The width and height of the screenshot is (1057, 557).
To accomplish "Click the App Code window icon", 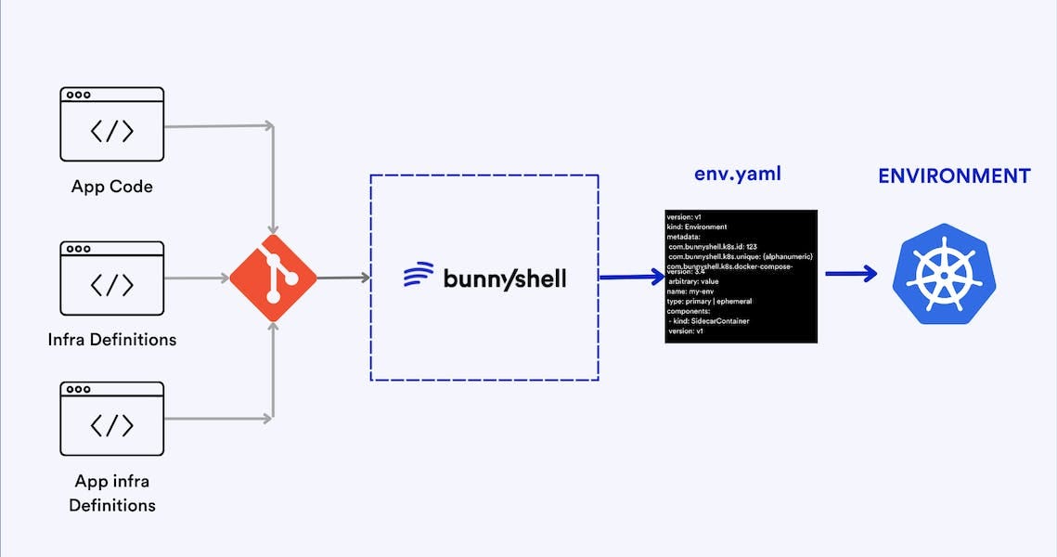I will pos(111,124).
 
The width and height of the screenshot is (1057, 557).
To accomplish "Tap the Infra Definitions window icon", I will pos(111,278).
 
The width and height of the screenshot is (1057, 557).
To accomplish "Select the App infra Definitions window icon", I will pos(111,418).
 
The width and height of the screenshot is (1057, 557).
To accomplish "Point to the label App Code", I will pos(111,187).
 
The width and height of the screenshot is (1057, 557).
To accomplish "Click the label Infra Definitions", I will pos(111,340).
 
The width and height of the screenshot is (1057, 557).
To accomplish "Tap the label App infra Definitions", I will pos(111,493).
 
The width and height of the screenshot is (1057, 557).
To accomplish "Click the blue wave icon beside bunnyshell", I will pos(419,276).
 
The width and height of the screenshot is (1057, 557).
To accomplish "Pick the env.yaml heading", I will pos(737,175).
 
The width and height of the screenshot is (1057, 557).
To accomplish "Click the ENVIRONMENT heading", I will pos(954,175).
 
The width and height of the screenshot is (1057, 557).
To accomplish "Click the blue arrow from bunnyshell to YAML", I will pos(631,277).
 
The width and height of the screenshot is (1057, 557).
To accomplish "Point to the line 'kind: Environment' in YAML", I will pos(697,227).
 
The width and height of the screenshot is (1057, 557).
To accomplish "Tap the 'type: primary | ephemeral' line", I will pos(715,301).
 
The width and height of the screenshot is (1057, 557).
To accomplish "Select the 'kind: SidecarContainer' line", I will pos(709,321).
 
